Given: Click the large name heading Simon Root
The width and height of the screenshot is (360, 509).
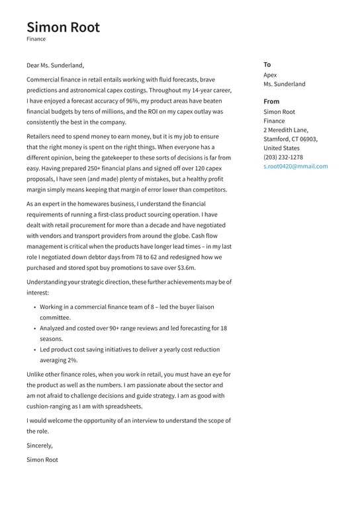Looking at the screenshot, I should [64, 27].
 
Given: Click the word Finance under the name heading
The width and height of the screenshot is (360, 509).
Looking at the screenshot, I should [36, 39].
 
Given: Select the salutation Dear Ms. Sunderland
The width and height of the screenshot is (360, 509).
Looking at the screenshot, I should [56, 66].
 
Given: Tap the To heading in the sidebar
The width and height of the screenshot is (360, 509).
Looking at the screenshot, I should [267, 65].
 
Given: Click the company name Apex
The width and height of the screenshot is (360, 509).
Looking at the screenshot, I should [270, 75].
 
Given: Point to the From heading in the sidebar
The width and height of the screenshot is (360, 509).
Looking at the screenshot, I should [271, 101].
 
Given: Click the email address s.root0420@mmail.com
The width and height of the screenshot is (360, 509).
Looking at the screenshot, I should [295, 166].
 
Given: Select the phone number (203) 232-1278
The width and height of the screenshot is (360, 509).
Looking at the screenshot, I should [283, 157].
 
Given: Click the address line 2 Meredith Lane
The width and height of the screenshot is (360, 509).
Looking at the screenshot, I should [286, 130].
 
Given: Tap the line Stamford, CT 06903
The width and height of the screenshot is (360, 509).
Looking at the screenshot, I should [290, 139].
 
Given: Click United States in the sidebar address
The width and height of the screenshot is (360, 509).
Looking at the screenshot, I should [281, 148].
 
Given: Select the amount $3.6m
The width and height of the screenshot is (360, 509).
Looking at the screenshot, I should [183, 268].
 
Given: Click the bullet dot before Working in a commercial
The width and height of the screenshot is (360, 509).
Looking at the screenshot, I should [34, 307].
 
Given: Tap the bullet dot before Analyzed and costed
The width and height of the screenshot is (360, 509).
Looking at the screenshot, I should [34, 328].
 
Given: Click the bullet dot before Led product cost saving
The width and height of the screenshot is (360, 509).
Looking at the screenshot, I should [34, 349].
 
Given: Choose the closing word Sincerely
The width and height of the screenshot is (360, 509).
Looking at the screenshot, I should [39, 445].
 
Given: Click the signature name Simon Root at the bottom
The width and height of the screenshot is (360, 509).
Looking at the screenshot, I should [42, 459].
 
